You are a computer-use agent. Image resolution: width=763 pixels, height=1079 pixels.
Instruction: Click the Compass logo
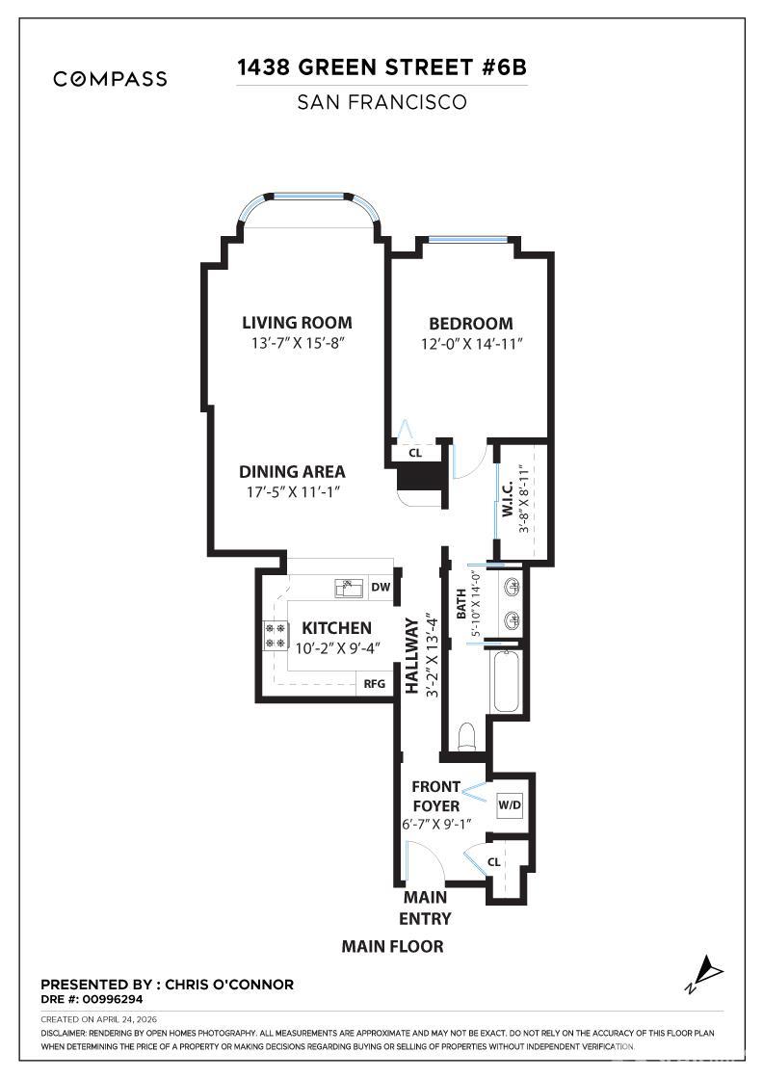(x=110, y=79)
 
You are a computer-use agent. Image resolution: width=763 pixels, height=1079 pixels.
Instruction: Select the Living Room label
(x=297, y=323)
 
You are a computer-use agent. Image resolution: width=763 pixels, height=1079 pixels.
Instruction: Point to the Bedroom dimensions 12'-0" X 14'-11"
(x=470, y=345)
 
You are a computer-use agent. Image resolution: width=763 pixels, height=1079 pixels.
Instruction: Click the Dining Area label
(x=292, y=472)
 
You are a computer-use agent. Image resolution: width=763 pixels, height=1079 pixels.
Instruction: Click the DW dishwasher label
(x=380, y=587)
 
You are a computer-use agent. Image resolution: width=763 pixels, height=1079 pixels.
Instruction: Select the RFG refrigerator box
(x=374, y=684)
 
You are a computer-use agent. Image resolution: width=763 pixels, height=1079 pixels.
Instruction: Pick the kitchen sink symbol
(x=347, y=587)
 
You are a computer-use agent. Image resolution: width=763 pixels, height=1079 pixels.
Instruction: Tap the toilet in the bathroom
(x=466, y=737)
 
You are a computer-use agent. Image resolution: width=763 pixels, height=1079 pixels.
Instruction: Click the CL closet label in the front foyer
(x=494, y=862)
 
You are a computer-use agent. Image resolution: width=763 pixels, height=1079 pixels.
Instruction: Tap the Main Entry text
(x=425, y=908)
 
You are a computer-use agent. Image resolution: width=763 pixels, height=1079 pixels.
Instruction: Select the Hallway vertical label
(x=412, y=655)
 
